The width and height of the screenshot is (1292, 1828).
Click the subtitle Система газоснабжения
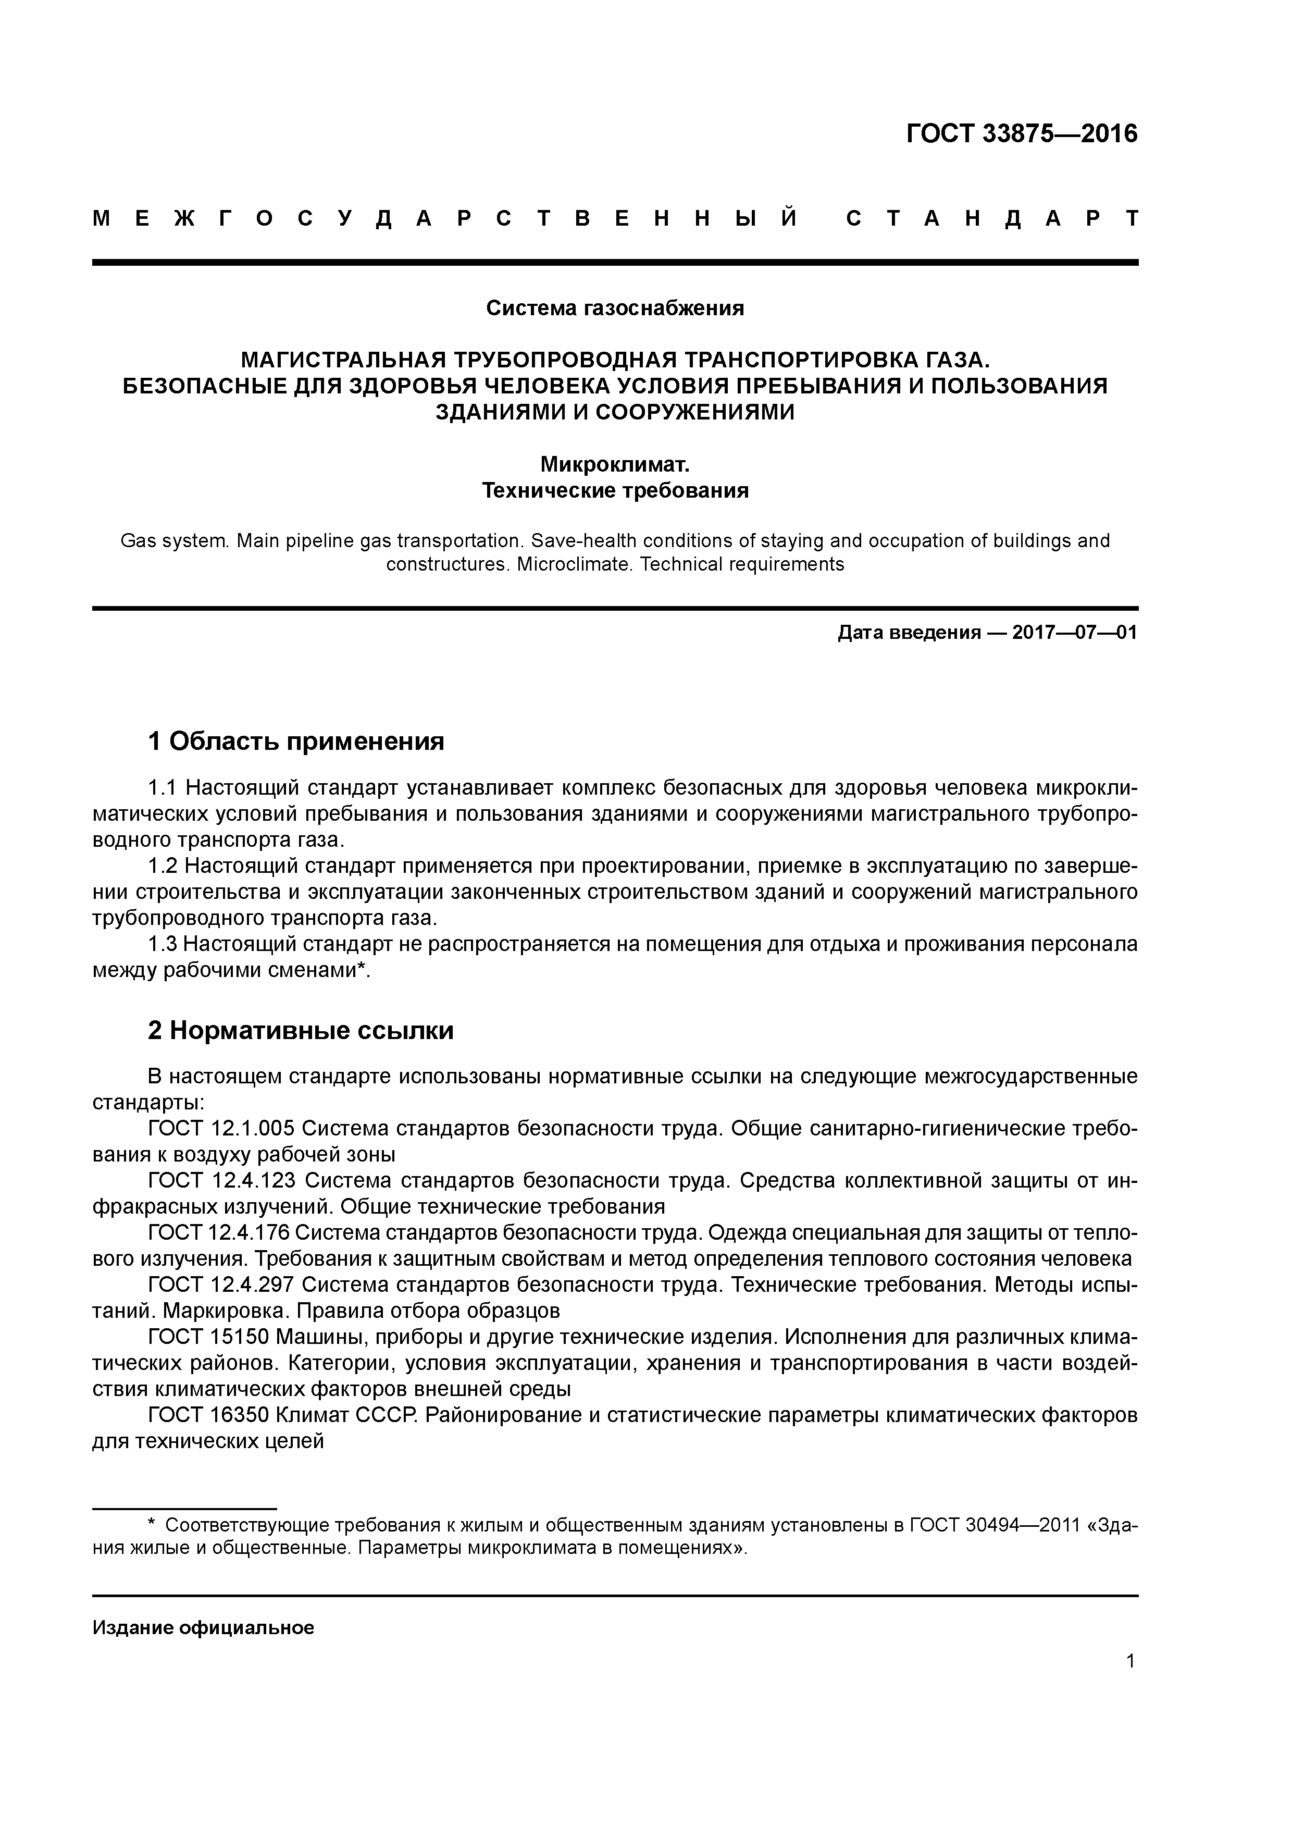pos(615,308)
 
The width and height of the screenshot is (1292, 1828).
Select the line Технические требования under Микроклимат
pos(615,490)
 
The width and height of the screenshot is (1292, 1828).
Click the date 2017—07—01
pos(1074,633)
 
